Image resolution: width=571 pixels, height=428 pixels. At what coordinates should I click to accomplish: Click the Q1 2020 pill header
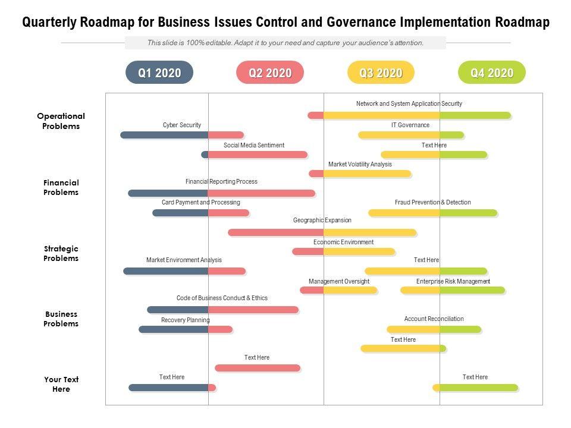coord(159,73)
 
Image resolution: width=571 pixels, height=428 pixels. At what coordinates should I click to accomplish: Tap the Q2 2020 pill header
coord(270,73)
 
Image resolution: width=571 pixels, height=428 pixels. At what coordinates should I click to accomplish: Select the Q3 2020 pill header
coord(381,73)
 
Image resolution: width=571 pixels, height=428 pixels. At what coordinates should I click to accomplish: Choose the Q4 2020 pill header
coord(492,73)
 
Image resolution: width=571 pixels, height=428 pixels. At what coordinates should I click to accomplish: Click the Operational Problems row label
coord(61,121)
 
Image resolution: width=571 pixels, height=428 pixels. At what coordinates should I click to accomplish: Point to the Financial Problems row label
coord(61,187)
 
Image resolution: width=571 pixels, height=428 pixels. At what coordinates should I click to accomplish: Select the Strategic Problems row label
coord(61,253)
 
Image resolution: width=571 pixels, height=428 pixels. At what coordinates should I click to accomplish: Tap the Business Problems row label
coord(61,319)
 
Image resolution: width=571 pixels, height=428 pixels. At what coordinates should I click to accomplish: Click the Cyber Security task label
coord(182,125)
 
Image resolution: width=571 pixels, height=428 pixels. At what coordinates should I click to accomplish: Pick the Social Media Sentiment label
coord(254,145)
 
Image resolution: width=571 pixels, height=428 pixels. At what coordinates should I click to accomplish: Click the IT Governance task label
coord(410,125)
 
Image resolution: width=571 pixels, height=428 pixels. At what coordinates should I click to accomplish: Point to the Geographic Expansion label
coord(322,221)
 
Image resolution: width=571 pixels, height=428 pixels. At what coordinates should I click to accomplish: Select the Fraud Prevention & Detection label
coord(433,203)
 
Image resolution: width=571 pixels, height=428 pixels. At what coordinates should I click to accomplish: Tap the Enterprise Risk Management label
coord(453,282)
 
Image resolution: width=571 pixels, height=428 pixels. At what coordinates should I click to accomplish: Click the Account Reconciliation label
coord(434,319)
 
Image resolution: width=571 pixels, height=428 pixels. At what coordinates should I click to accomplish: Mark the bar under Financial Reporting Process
coord(221,193)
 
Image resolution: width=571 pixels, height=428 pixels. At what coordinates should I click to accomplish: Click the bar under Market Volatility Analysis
coord(360,174)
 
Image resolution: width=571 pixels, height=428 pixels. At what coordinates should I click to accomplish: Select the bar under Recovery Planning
coord(186,329)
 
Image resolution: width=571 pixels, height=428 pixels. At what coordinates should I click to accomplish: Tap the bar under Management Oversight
coord(338,290)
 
